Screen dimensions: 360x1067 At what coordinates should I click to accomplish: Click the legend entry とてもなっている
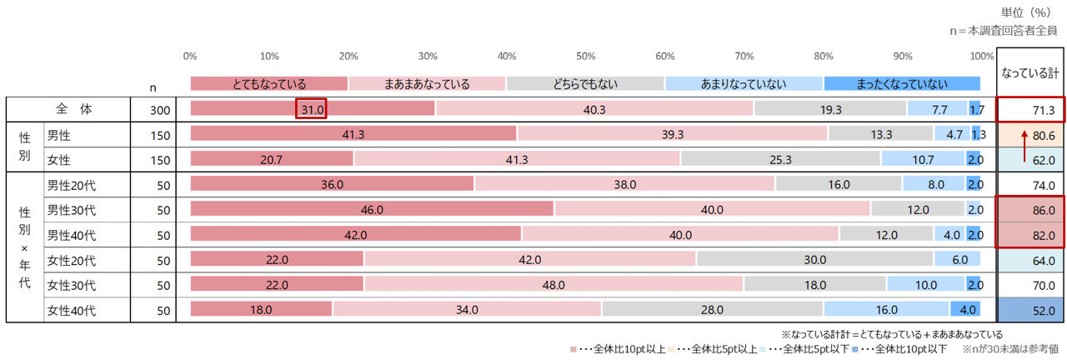[268, 83]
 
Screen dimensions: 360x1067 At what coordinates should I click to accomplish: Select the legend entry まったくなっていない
[901, 83]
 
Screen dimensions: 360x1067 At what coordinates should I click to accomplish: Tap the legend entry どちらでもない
[585, 83]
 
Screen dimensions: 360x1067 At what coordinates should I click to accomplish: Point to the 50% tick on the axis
[586, 57]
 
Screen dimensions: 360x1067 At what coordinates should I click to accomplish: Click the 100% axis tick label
[982, 57]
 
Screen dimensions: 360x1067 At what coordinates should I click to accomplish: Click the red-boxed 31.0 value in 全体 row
[311, 108]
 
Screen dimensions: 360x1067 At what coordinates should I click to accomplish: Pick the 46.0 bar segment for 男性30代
[372, 210]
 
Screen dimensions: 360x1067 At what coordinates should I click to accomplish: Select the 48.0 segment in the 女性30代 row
[554, 285]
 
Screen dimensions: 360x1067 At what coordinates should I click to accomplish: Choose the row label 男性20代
[71, 185]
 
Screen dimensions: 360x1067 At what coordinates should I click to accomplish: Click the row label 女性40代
[71, 310]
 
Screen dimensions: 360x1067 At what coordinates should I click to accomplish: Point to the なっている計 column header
[1030, 73]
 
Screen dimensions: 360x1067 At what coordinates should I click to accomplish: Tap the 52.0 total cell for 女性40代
[1030, 310]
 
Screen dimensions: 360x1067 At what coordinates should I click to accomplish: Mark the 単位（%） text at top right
[1029, 12]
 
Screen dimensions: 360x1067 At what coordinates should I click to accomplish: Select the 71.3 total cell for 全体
[1030, 109]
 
